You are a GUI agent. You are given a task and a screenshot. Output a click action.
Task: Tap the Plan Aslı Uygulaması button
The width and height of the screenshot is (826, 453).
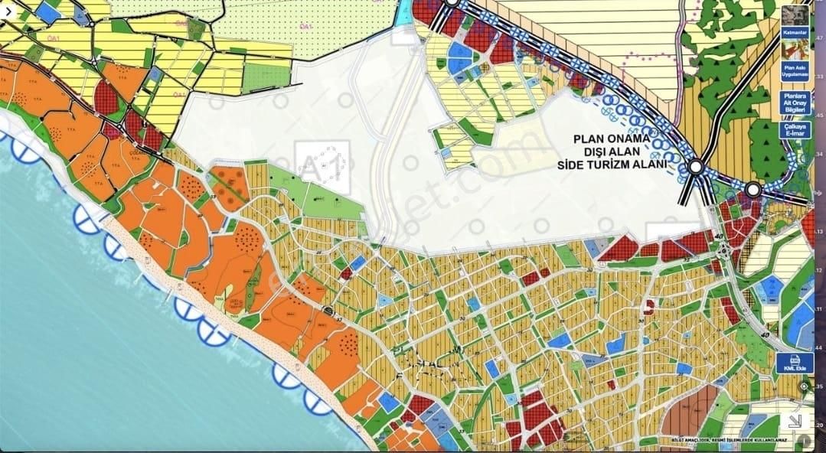[795, 71]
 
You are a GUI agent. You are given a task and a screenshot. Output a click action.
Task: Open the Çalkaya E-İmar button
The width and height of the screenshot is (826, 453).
[795, 131]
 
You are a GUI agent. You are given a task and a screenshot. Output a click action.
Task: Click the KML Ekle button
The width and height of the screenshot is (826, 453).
[795, 363]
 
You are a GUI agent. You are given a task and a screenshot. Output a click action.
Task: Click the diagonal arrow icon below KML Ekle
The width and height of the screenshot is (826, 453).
[795, 420]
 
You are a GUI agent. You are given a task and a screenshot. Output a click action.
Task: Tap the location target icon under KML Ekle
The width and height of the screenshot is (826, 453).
[804, 386]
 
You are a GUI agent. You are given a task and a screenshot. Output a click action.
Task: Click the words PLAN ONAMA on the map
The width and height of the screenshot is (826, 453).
[612, 140]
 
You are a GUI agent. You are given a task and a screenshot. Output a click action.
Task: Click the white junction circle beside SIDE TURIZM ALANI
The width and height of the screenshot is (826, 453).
[696, 166]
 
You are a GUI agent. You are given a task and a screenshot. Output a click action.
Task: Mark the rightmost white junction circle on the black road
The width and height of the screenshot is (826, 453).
[753, 189]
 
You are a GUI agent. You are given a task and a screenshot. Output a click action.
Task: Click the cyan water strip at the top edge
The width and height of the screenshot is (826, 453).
[402, 11]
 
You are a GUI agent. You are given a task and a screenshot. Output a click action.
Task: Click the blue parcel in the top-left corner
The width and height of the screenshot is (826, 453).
[47, 11]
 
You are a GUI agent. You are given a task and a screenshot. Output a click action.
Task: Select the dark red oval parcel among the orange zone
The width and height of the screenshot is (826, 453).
[107, 96]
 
